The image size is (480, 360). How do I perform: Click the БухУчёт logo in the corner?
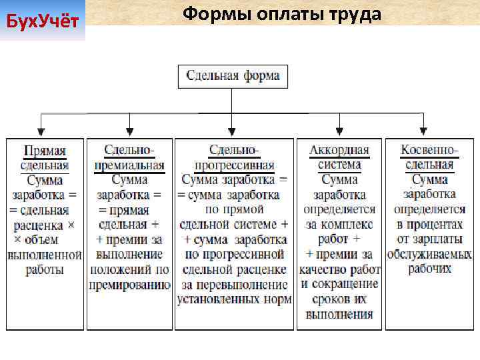43,22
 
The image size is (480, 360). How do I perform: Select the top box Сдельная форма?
233,75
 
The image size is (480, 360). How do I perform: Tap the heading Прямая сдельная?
45,158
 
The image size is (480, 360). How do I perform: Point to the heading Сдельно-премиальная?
129,158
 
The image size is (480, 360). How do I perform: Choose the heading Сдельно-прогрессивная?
234,158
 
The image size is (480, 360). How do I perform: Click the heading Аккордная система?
339,158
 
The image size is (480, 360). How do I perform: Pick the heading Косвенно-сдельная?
429,158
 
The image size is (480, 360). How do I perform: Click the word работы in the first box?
45,270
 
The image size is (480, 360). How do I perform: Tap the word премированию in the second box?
129,285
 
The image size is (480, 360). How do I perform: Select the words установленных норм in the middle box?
234,299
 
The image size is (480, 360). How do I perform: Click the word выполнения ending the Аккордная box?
339,314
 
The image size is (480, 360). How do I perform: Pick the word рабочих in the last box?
429,269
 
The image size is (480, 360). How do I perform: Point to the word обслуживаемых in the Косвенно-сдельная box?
429,255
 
